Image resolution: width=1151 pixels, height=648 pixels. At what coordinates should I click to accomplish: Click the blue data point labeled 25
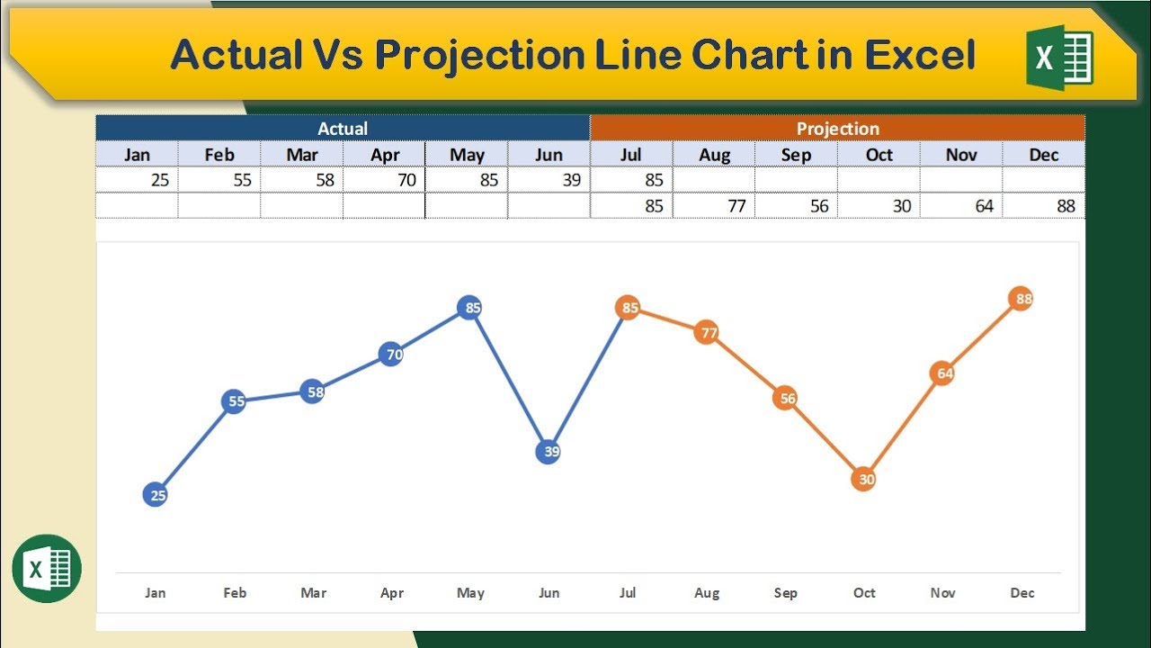(x=156, y=494)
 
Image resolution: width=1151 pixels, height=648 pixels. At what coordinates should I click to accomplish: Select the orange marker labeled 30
(x=864, y=480)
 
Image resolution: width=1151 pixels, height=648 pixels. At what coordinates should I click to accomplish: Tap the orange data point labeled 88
(x=1022, y=299)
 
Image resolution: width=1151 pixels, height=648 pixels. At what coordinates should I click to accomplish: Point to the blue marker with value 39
(x=549, y=452)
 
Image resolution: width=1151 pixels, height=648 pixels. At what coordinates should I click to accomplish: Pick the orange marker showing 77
(x=708, y=334)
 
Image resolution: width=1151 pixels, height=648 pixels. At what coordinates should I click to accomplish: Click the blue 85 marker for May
(x=470, y=308)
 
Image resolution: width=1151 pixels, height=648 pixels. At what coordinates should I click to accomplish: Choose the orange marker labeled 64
(x=942, y=373)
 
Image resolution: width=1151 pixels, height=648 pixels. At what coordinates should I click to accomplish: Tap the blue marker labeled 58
(x=312, y=392)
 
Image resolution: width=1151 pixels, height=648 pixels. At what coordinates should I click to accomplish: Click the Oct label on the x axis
(x=864, y=593)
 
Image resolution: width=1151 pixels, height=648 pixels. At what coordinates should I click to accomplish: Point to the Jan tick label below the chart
(x=156, y=593)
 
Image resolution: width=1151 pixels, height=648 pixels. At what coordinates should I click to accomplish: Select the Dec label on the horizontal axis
(x=1022, y=593)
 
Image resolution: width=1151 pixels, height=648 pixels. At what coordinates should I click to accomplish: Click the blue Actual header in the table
(x=343, y=129)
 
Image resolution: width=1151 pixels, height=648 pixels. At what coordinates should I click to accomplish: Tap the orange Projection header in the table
(x=837, y=129)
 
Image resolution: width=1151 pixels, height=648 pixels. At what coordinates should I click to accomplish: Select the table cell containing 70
(x=385, y=180)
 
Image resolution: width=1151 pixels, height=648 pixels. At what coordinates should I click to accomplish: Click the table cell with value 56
(x=797, y=206)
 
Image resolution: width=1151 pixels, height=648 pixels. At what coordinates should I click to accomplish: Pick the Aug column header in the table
(x=714, y=155)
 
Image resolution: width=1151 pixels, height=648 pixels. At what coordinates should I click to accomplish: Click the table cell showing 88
(x=1044, y=206)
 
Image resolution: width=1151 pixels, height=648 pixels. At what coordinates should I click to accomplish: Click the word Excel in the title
(x=920, y=55)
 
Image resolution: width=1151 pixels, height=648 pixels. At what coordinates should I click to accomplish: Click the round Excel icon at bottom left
(x=47, y=569)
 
